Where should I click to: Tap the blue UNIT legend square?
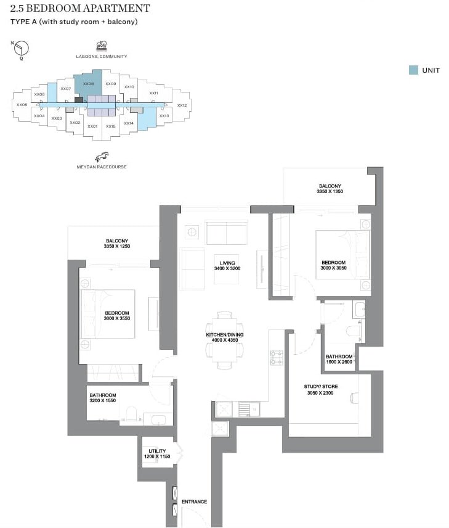[x=413, y=70]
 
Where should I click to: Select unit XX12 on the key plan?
[x=182, y=105]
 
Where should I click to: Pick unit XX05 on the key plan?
[x=22, y=105]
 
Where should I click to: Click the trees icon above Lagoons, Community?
[x=102, y=46]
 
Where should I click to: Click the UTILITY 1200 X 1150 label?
[x=156, y=454]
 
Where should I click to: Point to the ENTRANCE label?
[x=194, y=501]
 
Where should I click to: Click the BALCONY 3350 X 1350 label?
[x=330, y=189]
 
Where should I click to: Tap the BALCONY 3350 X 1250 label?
[x=117, y=244]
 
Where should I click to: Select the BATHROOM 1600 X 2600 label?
[x=339, y=360]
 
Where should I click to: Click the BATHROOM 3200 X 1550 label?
[x=102, y=398]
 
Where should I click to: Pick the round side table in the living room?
[x=192, y=232]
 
